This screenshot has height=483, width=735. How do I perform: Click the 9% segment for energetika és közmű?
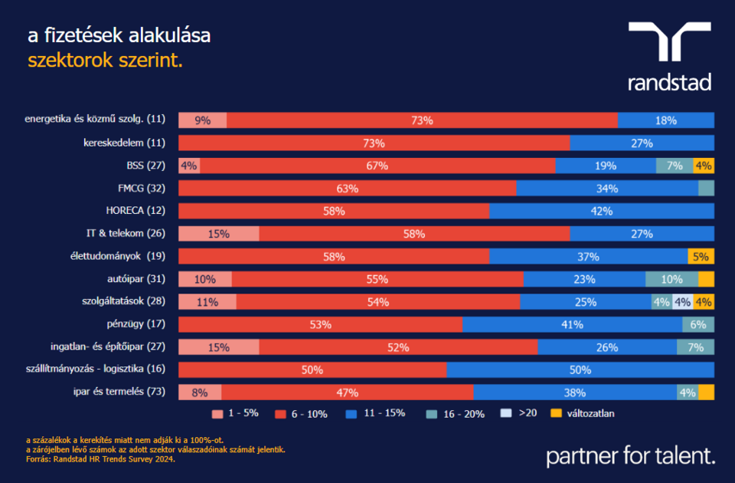[203, 120]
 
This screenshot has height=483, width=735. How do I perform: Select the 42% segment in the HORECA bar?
[602, 211]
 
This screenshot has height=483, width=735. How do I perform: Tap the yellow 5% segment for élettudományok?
[701, 257]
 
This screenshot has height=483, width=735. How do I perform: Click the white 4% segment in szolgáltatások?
[682, 302]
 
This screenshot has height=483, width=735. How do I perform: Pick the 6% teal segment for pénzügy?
[698, 324]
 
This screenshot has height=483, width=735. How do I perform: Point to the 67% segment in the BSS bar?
[377, 166]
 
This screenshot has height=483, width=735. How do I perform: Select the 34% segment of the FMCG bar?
[607, 189]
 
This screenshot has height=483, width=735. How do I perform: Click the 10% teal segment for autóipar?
[671, 279]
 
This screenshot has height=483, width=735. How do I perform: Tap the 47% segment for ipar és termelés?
[348, 393]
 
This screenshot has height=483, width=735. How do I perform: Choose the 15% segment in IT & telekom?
[219, 234]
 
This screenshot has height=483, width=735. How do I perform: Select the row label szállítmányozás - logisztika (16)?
[96, 370]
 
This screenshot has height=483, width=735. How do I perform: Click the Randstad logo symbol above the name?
[669, 41]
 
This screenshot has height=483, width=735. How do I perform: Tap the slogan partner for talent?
[630, 456]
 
